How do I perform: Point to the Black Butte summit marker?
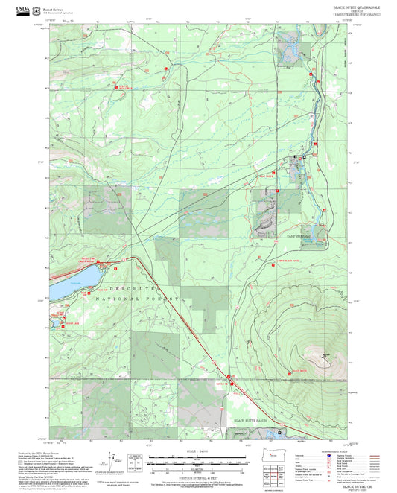(325, 356)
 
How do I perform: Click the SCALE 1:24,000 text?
(198, 451)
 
